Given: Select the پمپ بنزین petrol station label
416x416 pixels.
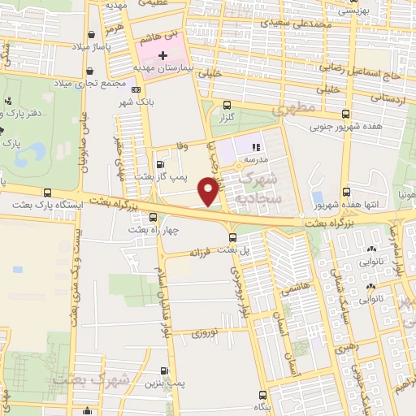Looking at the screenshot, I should point(170,380).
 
